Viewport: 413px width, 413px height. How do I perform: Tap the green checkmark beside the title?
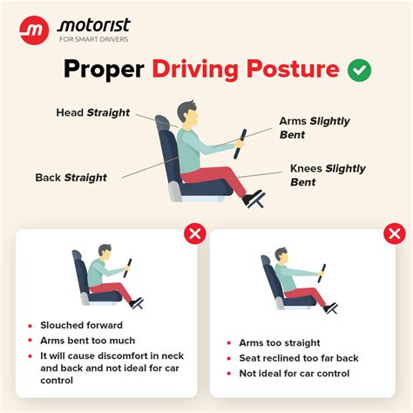[358, 70]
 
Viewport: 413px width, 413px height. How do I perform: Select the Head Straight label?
[93, 112]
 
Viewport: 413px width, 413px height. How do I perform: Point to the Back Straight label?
[71, 178]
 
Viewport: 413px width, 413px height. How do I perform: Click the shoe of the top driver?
[254, 200]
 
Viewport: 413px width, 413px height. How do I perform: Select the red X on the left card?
[194, 234]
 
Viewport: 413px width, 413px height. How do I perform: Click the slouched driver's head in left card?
[105, 253]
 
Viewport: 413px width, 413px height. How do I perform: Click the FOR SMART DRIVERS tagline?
[93, 40]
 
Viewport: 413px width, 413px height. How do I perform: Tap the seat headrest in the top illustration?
[164, 126]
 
